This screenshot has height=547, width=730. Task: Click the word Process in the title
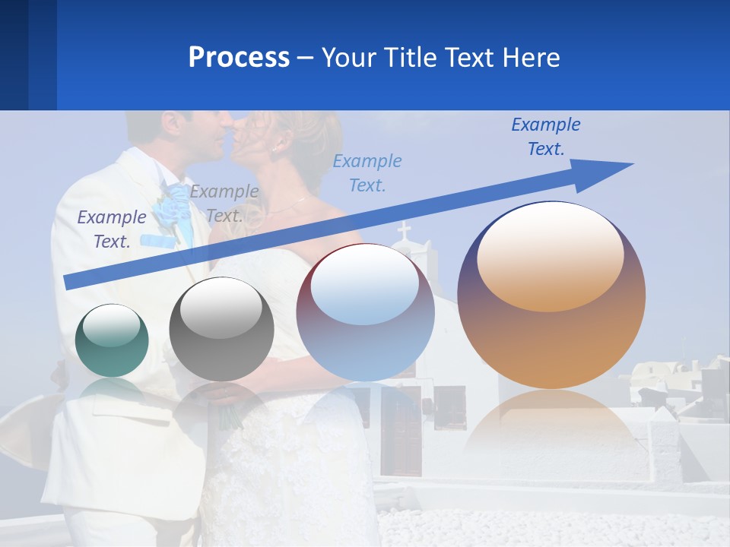click(239, 58)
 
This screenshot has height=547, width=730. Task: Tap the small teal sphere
click(112, 340)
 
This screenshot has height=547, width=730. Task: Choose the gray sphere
click(221, 329)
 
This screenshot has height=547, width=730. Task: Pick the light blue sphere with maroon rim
click(365, 312)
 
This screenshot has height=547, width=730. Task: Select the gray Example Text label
click(224, 204)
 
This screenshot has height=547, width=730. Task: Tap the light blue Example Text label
click(367, 172)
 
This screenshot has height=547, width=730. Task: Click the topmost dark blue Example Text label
click(546, 137)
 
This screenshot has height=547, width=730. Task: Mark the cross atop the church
click(403, 230)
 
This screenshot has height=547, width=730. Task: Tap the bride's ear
click(279, 142)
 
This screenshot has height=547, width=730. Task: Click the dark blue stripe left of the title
click(28, 55)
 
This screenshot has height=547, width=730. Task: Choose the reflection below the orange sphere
click(551, 425)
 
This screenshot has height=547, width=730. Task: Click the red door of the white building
click(401, 433)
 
